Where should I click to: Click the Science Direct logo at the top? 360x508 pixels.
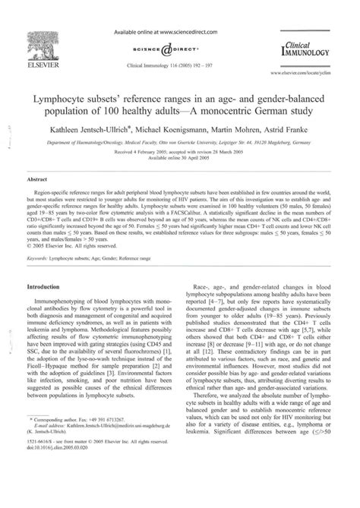179,45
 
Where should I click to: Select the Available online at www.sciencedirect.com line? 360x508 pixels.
179,30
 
